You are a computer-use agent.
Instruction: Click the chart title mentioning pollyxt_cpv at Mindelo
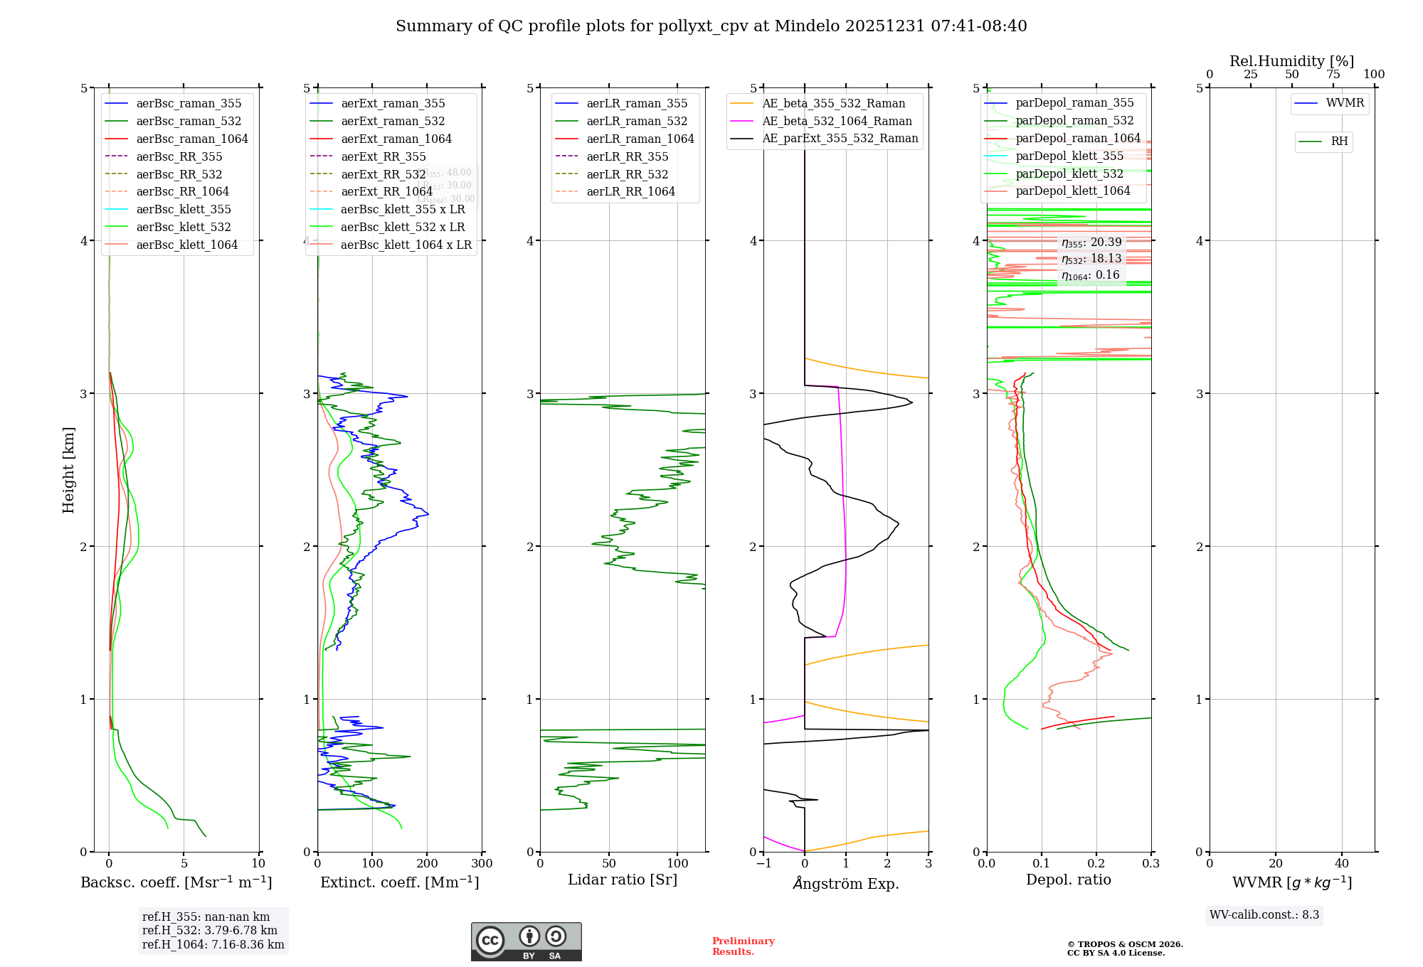(711, 26)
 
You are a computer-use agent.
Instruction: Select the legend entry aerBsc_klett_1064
(186, 245)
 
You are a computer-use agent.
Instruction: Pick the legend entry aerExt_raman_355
(393, 103)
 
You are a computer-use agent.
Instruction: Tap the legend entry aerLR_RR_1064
(630, 191)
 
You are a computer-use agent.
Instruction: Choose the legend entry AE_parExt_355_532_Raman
(840, 138)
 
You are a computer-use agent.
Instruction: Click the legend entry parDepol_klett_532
(1069, 173)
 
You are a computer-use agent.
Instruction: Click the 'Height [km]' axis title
(68, 469)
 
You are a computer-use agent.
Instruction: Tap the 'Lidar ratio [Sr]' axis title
(623, 880)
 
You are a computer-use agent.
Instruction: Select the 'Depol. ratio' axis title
(1068, 880)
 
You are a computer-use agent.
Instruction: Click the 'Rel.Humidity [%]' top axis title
(1291, 61)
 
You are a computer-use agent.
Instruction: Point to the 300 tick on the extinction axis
(482, 864)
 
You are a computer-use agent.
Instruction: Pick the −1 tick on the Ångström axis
(763, 864)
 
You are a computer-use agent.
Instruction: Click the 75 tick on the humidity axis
(1333, 75)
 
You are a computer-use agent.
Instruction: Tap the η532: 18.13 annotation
(1091, 259)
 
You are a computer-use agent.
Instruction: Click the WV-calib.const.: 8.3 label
(1264, 914)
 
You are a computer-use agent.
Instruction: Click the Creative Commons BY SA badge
(526, 941)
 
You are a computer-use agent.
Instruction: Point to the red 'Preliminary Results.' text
(743, 946)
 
